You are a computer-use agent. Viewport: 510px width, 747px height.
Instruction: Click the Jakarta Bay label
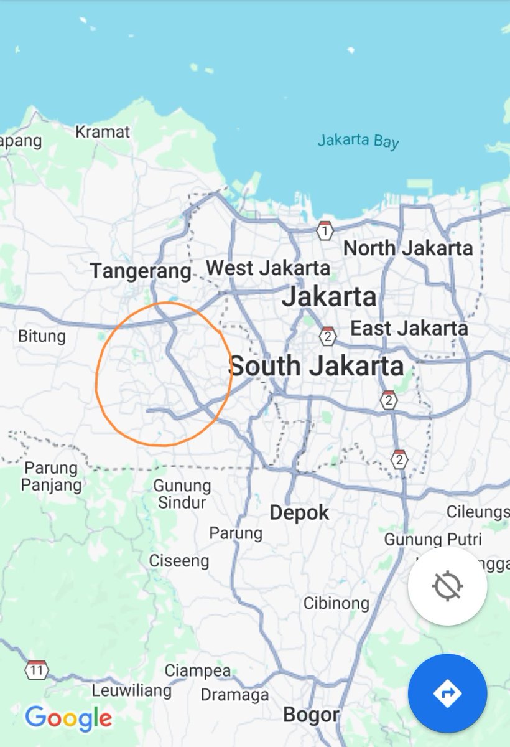(x=358, y=141)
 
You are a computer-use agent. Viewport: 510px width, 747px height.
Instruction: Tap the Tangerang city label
(x=141, y=271)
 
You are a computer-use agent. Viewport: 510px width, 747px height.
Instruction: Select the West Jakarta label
(x=267, y=268)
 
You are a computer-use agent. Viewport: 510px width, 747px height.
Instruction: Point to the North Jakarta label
(x=408, y=248)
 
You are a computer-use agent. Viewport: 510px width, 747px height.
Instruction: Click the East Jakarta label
(x=409, y=328)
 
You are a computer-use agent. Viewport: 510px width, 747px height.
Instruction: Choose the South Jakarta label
(x=317, y=366)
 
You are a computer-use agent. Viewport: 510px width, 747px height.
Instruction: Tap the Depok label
(x=299, y=513)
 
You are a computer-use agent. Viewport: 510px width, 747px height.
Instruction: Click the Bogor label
(x=311, y=715)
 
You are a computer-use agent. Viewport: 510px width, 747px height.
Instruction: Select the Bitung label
(x=42, y=337)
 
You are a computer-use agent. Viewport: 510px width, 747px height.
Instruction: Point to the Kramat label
(x=103, y=132)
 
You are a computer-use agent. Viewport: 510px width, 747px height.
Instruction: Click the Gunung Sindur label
(x=182, y=494)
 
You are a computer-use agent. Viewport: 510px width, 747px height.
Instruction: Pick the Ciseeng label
(x=178, y=561)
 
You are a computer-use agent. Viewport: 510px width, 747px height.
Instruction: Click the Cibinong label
(x=336, y=603)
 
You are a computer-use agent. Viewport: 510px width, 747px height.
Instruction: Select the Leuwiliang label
(x=131, y=690)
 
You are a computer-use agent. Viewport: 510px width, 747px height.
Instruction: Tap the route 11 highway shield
(x=37, y=670)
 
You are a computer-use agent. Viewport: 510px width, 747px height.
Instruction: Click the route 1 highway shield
(x=324, y=231)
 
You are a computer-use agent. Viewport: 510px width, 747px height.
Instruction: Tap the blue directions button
(x=447, y=693)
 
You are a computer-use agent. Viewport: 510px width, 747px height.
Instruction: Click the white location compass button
(x=448, y=586)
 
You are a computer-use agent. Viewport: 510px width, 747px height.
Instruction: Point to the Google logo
(x=68, y=718)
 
